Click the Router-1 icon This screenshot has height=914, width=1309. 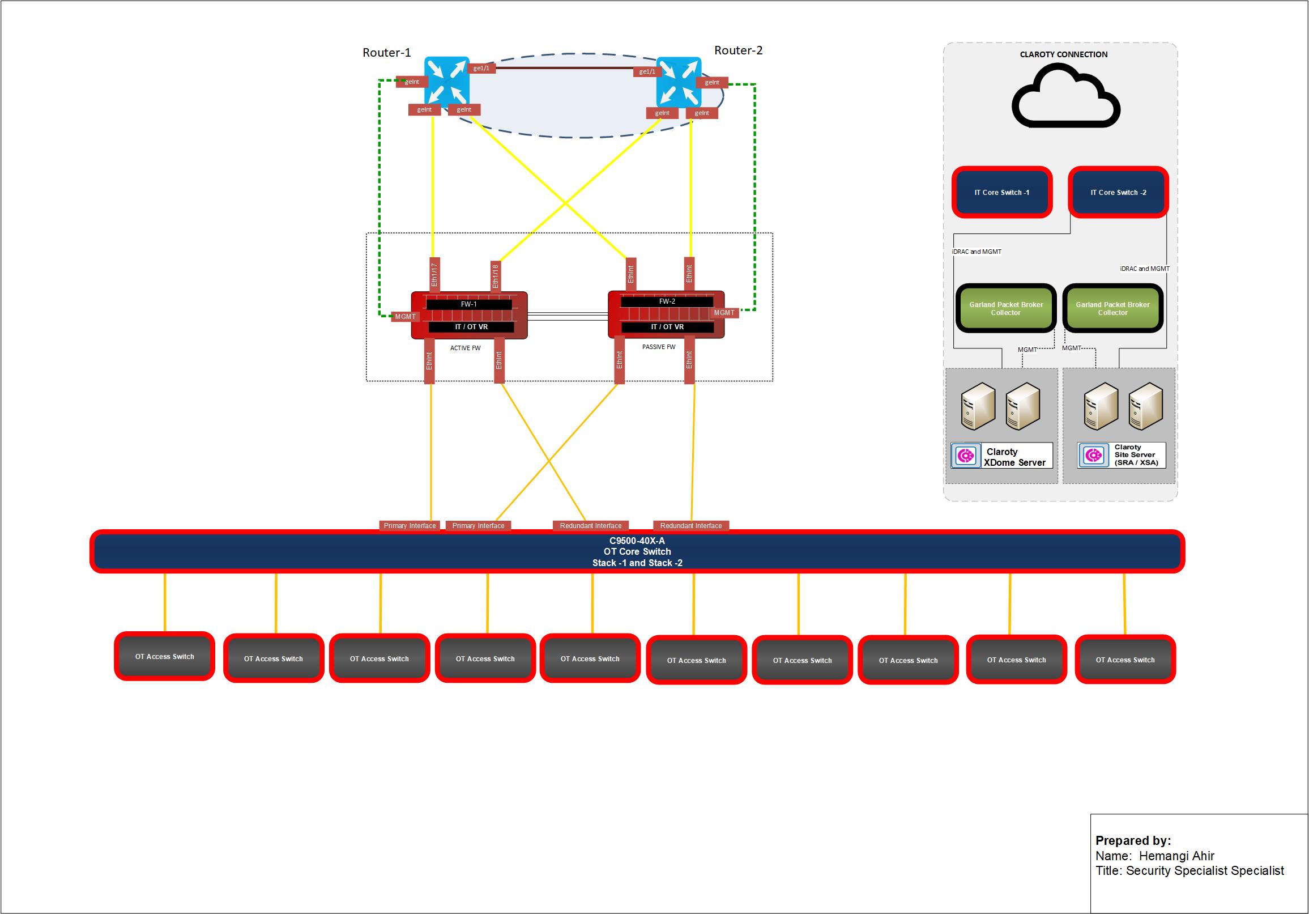pyautogui.click(x=446, y=81)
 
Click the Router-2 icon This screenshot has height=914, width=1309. pyautogui.click(x=679, y=82)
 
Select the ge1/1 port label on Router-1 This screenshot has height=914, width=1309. pyautogui.click(x=481, y=69)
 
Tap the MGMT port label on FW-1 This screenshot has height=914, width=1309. pyautogui.click(x=406, y=316)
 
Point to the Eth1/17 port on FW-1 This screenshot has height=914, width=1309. pyautogui.click(x=434, y=274)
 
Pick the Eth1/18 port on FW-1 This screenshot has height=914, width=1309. pyautogui.click(x=496, y=275)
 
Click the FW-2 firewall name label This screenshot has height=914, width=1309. pyautogui.click(x=667, y=301)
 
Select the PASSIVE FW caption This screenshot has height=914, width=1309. pyautogui.click(x=659, y=347)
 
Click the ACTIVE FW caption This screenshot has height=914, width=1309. pyautogui.click(x=465, y=348)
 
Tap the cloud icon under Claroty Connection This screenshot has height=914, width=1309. pyautogui.click(x=1065, y=97)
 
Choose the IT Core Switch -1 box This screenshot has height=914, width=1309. pyautogui.click(x=1001, y=192)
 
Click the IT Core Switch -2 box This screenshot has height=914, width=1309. pyautogui.click(x=1118, y=192)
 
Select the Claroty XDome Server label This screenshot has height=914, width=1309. pyautogui.click(x=1014, y=457)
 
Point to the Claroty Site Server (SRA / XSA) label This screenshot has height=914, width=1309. pyautogui.click(x=1136, y=455)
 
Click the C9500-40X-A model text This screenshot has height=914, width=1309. pyautogui.click(x=637, y=541)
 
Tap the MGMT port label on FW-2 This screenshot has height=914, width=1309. pyautogui.click(x=724, y=312)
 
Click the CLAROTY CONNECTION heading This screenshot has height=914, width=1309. pyautogui.click(x=1063, y=54)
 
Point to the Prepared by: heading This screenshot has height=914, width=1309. pyautogui.click(x=1133, y=840)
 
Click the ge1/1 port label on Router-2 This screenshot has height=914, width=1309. pyautogui.click(x=647, y=72)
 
